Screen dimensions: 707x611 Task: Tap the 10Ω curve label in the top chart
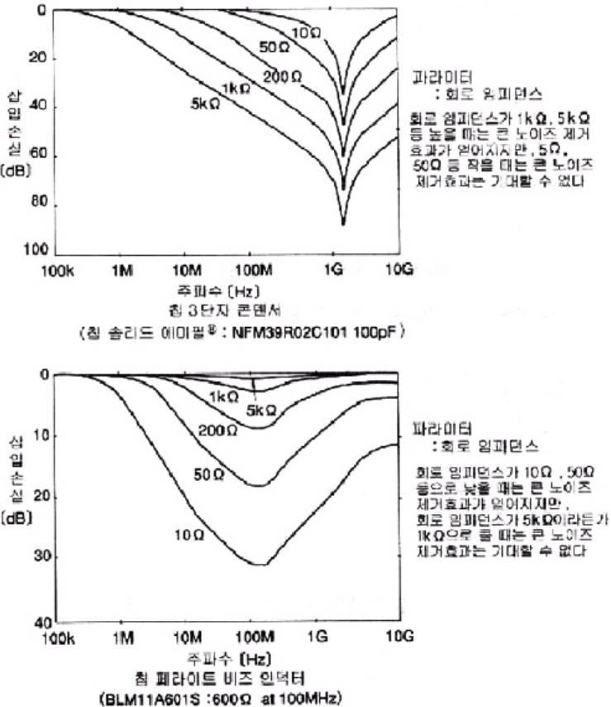tap(307, 31)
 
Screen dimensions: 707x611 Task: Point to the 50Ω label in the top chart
tap(272, 47)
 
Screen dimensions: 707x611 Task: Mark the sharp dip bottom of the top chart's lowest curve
tap(343, 224)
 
